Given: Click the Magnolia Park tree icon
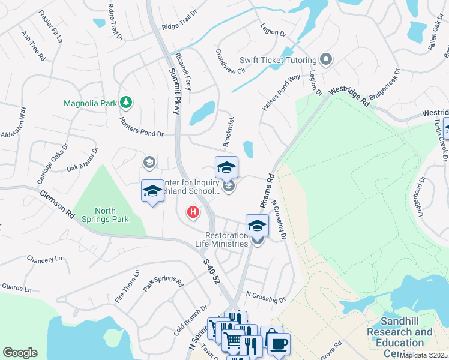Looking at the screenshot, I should (x=126, y=103).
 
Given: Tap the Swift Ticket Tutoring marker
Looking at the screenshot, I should (x=326, y=59).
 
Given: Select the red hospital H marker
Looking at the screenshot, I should (x=193, y=212).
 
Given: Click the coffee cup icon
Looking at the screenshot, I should (x=278, y=344).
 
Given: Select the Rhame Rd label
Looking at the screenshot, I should (x=267, y=191).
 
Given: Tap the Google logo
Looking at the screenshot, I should (x=20, y=353).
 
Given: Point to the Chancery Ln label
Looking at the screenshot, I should (x=44, y=259).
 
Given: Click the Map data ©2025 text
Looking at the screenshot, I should (x=423, y=355).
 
